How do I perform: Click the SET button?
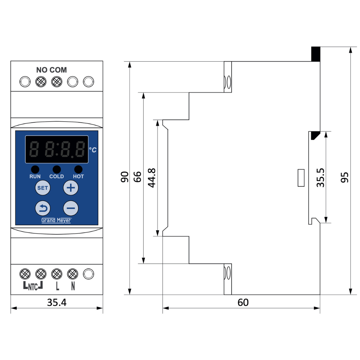pyautogui.click(x=43, y=188)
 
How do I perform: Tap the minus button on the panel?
pyautogui.click(x=71, y=209)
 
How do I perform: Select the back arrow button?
pyautogui.click(x=43, y=209)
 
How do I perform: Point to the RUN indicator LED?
pyautogui.click(x=35, y=169)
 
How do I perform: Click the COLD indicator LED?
pyautogui.click(x=57, y=169)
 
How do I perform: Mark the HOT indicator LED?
pyautogui.click(x=78, y=169)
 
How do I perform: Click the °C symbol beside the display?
pyautogui.click(x=93, y=150)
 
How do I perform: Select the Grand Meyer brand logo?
pyautogui.click(x=56, y=220)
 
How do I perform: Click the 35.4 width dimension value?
pyautogui.click(x=57, y=302)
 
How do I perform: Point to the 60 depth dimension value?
pyautogui.click(x=243, y=302)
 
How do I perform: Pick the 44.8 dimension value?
pyautogui.click(x=152, y=178)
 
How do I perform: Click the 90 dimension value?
pyautogui.click(x=125, y=177)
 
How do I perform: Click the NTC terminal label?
pyautogui.click(x=33, y=286)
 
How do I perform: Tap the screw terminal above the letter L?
pyautogui.click(x=57, y=274)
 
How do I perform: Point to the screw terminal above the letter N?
pyautogui.click(x=72, y=274)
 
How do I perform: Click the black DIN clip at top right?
pyautogui.click(x=315, y=54)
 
